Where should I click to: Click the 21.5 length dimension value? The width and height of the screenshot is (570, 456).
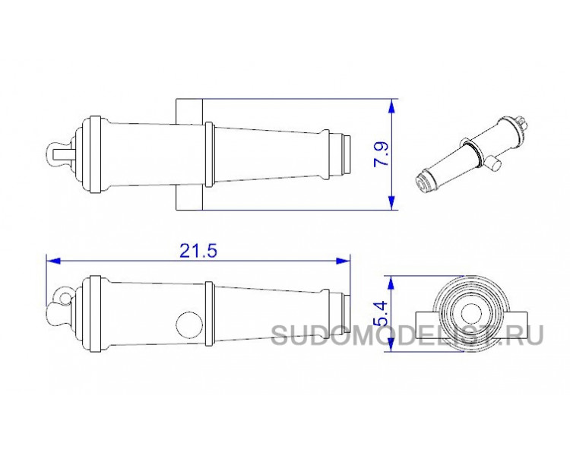coord(198,251)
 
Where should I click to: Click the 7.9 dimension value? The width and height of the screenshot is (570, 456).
coord(382,154)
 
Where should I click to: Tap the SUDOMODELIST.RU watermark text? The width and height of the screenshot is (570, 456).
coord(407,335)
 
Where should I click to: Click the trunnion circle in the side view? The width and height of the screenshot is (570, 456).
coord(189,325)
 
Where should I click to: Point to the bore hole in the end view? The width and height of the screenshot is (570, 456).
coord(471,313)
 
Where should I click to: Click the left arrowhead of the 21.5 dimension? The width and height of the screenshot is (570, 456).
coord(53,261)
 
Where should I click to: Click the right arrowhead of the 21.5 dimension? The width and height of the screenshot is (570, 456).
coord(344,261)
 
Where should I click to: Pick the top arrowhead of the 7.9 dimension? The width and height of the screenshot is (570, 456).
coord(391,106)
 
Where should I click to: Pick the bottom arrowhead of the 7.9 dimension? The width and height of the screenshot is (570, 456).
coord(391,203)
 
